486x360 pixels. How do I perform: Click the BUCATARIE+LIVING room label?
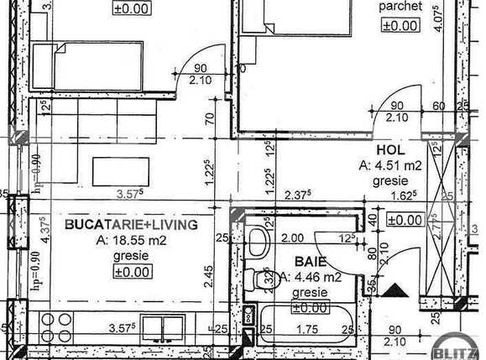131,225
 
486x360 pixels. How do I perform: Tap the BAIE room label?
310,261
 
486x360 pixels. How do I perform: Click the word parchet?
400,7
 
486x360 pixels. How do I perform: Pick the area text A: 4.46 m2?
311,277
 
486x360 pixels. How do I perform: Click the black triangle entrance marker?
399,290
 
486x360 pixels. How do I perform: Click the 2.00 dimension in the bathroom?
292,237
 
